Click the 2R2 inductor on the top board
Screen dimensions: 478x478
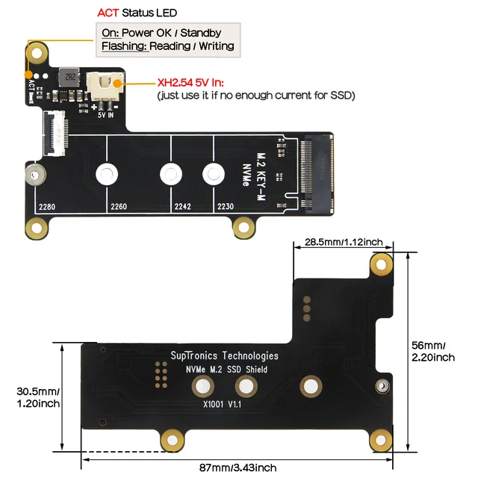tap(69, 77)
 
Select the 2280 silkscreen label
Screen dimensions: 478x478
tap(47, 207)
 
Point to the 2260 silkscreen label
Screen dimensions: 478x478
tap(119, 207)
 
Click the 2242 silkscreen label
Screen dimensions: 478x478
tap(183, 207)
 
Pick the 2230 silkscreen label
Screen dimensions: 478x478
tap(226, 207)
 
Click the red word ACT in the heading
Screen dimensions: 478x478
tap(109, 13)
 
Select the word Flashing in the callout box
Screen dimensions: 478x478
tap(122, 46)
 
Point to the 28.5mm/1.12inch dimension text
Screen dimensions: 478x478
tap(343, 242)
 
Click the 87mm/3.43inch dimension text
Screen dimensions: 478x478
tap(238, 468)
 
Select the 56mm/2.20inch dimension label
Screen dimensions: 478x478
tap(433, 351)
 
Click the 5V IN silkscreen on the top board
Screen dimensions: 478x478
tap(105, 115)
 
